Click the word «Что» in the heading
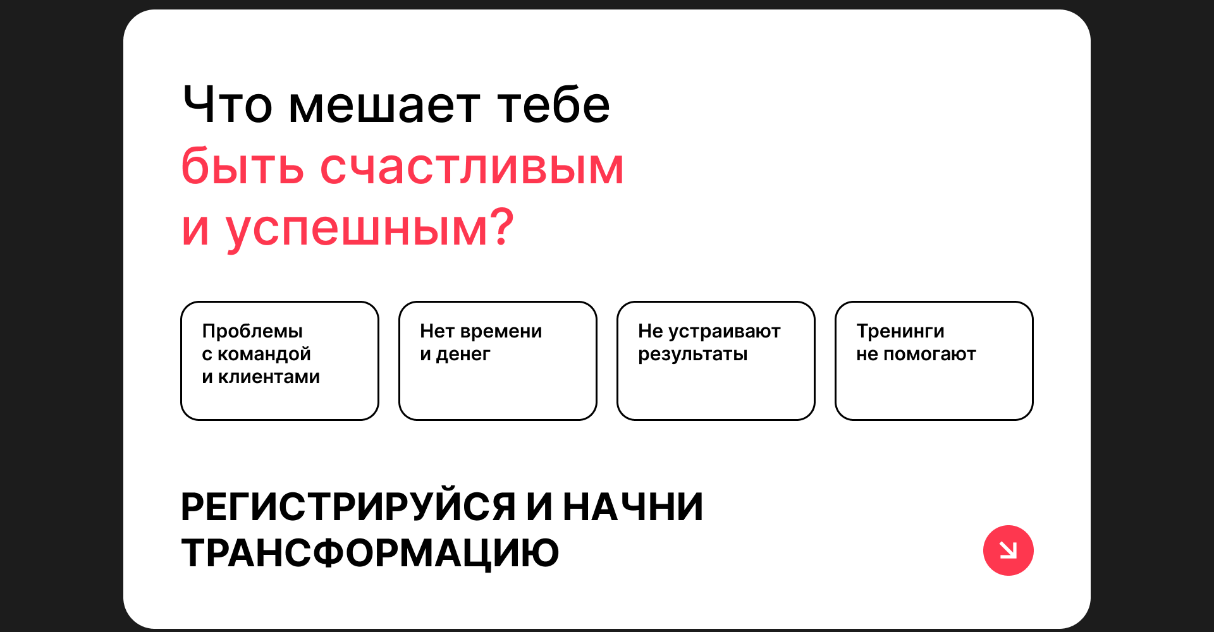(228, 104)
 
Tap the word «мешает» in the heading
(384, 106)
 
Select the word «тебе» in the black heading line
(554, 104)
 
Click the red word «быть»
(242, 166)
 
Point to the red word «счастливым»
(472, 167)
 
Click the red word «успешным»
(356, 231)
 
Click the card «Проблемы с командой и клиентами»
(279, 361)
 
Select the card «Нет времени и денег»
(498, 361)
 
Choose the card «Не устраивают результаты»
(716, 361)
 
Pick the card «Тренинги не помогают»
(934, 361)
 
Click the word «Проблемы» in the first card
(252, 331)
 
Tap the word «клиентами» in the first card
(269, 377)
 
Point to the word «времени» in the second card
(501, 332)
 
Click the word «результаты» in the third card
(692, 355)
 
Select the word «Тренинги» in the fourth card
(900, 331)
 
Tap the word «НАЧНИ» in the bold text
(633, 507)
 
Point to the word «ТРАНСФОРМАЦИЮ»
(370, 553)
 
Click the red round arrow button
(1009, 550)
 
